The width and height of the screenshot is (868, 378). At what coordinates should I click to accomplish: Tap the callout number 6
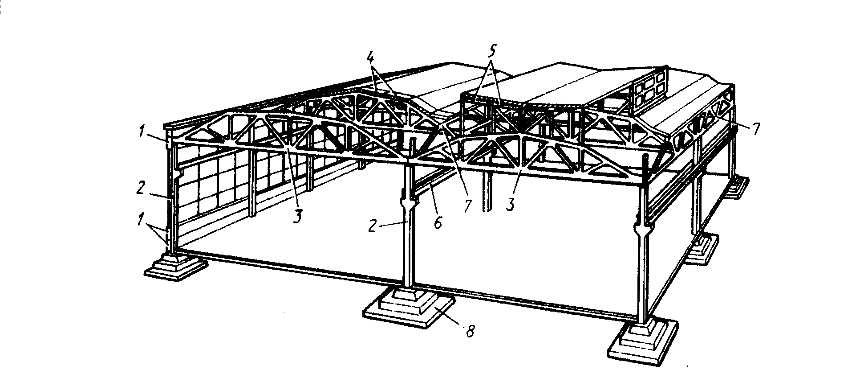[x=437, y=222]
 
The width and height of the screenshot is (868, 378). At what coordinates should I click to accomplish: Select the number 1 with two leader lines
[x=141, y=218]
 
